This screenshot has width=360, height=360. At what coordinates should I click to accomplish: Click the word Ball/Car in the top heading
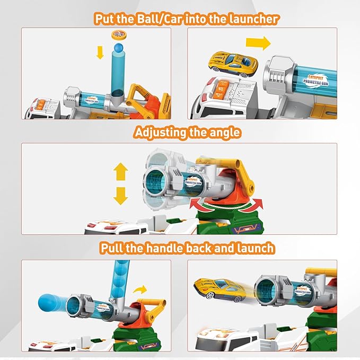[165, 19]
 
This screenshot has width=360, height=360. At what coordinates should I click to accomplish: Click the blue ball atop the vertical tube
[118, 49]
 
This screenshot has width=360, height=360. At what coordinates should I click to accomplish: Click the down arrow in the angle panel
[121, 196]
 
